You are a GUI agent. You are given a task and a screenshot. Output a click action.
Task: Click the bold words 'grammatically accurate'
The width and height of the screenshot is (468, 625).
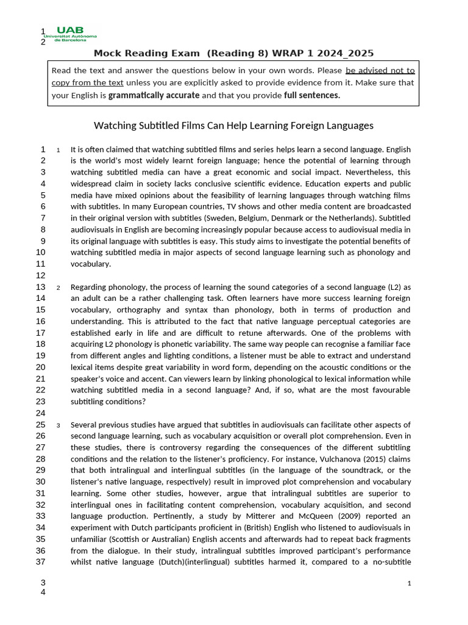coord(154,95)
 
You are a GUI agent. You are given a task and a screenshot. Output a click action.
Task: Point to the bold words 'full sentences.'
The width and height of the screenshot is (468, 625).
coord(312,95)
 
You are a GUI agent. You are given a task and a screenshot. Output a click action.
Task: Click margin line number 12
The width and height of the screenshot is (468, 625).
coord(41,275)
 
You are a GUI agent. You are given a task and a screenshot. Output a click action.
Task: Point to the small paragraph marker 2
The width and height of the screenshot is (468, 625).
coord(58,288)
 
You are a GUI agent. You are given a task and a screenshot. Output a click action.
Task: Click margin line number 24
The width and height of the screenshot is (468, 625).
coord(41,413)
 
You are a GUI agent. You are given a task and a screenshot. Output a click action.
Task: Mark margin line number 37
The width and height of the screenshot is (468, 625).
coord(41,562)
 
